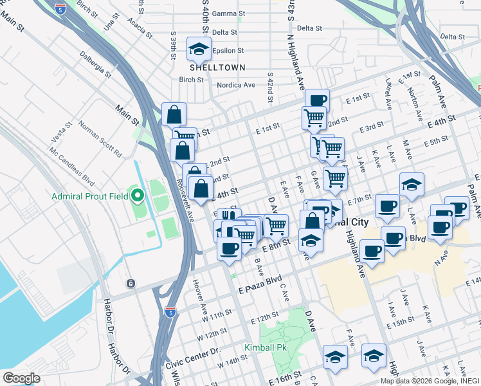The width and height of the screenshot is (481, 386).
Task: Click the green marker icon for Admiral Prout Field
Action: point(136,195)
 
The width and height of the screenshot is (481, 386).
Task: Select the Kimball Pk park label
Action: point(265,348)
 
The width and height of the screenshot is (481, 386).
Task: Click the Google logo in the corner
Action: point(21,378)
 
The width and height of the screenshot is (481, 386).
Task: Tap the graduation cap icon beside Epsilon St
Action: point(199,49)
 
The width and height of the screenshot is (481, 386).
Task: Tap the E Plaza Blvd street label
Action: point(260,281)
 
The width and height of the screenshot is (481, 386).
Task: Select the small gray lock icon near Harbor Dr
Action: point(131,284)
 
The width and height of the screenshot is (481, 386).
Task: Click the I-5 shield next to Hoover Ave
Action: point(170,312)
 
